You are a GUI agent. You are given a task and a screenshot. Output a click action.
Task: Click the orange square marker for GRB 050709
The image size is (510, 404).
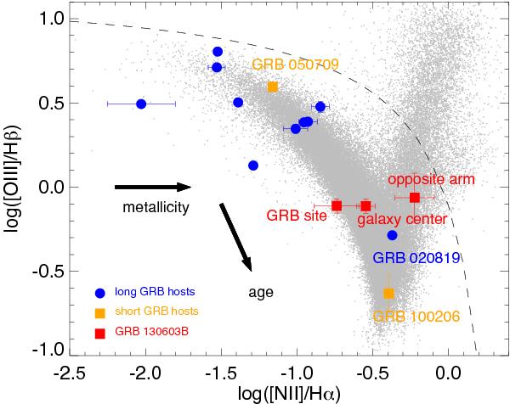pos(273,87)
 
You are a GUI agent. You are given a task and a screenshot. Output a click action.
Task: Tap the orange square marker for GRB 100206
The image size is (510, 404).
pos(388,293)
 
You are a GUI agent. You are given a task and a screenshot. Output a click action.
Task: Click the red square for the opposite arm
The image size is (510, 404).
pos(415,198)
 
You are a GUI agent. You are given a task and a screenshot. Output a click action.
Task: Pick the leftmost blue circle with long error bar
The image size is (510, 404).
pos(141,104)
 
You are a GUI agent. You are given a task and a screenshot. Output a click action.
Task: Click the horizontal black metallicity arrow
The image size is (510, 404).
pos(153,187)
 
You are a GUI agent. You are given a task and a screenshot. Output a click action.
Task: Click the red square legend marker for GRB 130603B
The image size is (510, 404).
pos(100,331)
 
